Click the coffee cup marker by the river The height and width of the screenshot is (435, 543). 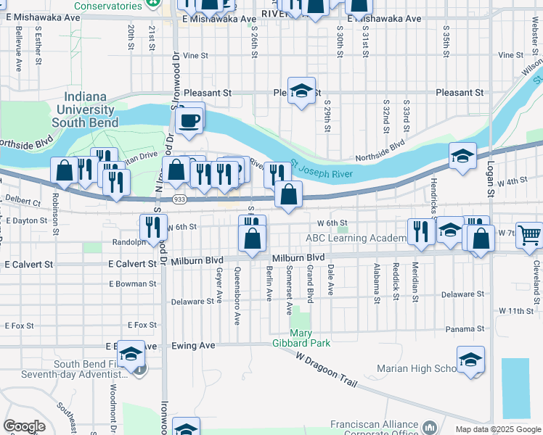click(x=190, y=120)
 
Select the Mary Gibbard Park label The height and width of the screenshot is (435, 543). click(x=300, y=336)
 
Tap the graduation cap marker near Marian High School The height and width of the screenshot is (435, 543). click(x=470, y=360)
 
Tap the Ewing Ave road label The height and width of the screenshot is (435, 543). click(x=194, y=346)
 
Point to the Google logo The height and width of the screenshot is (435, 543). click(x=24, y=426)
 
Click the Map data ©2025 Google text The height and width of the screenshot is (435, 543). click(x=497, y=429)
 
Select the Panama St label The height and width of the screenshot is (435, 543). click(x=460, y=328)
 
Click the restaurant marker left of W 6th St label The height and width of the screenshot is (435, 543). click(x=154, y=227)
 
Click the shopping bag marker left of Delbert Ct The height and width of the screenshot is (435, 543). click(x=65, y=171)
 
